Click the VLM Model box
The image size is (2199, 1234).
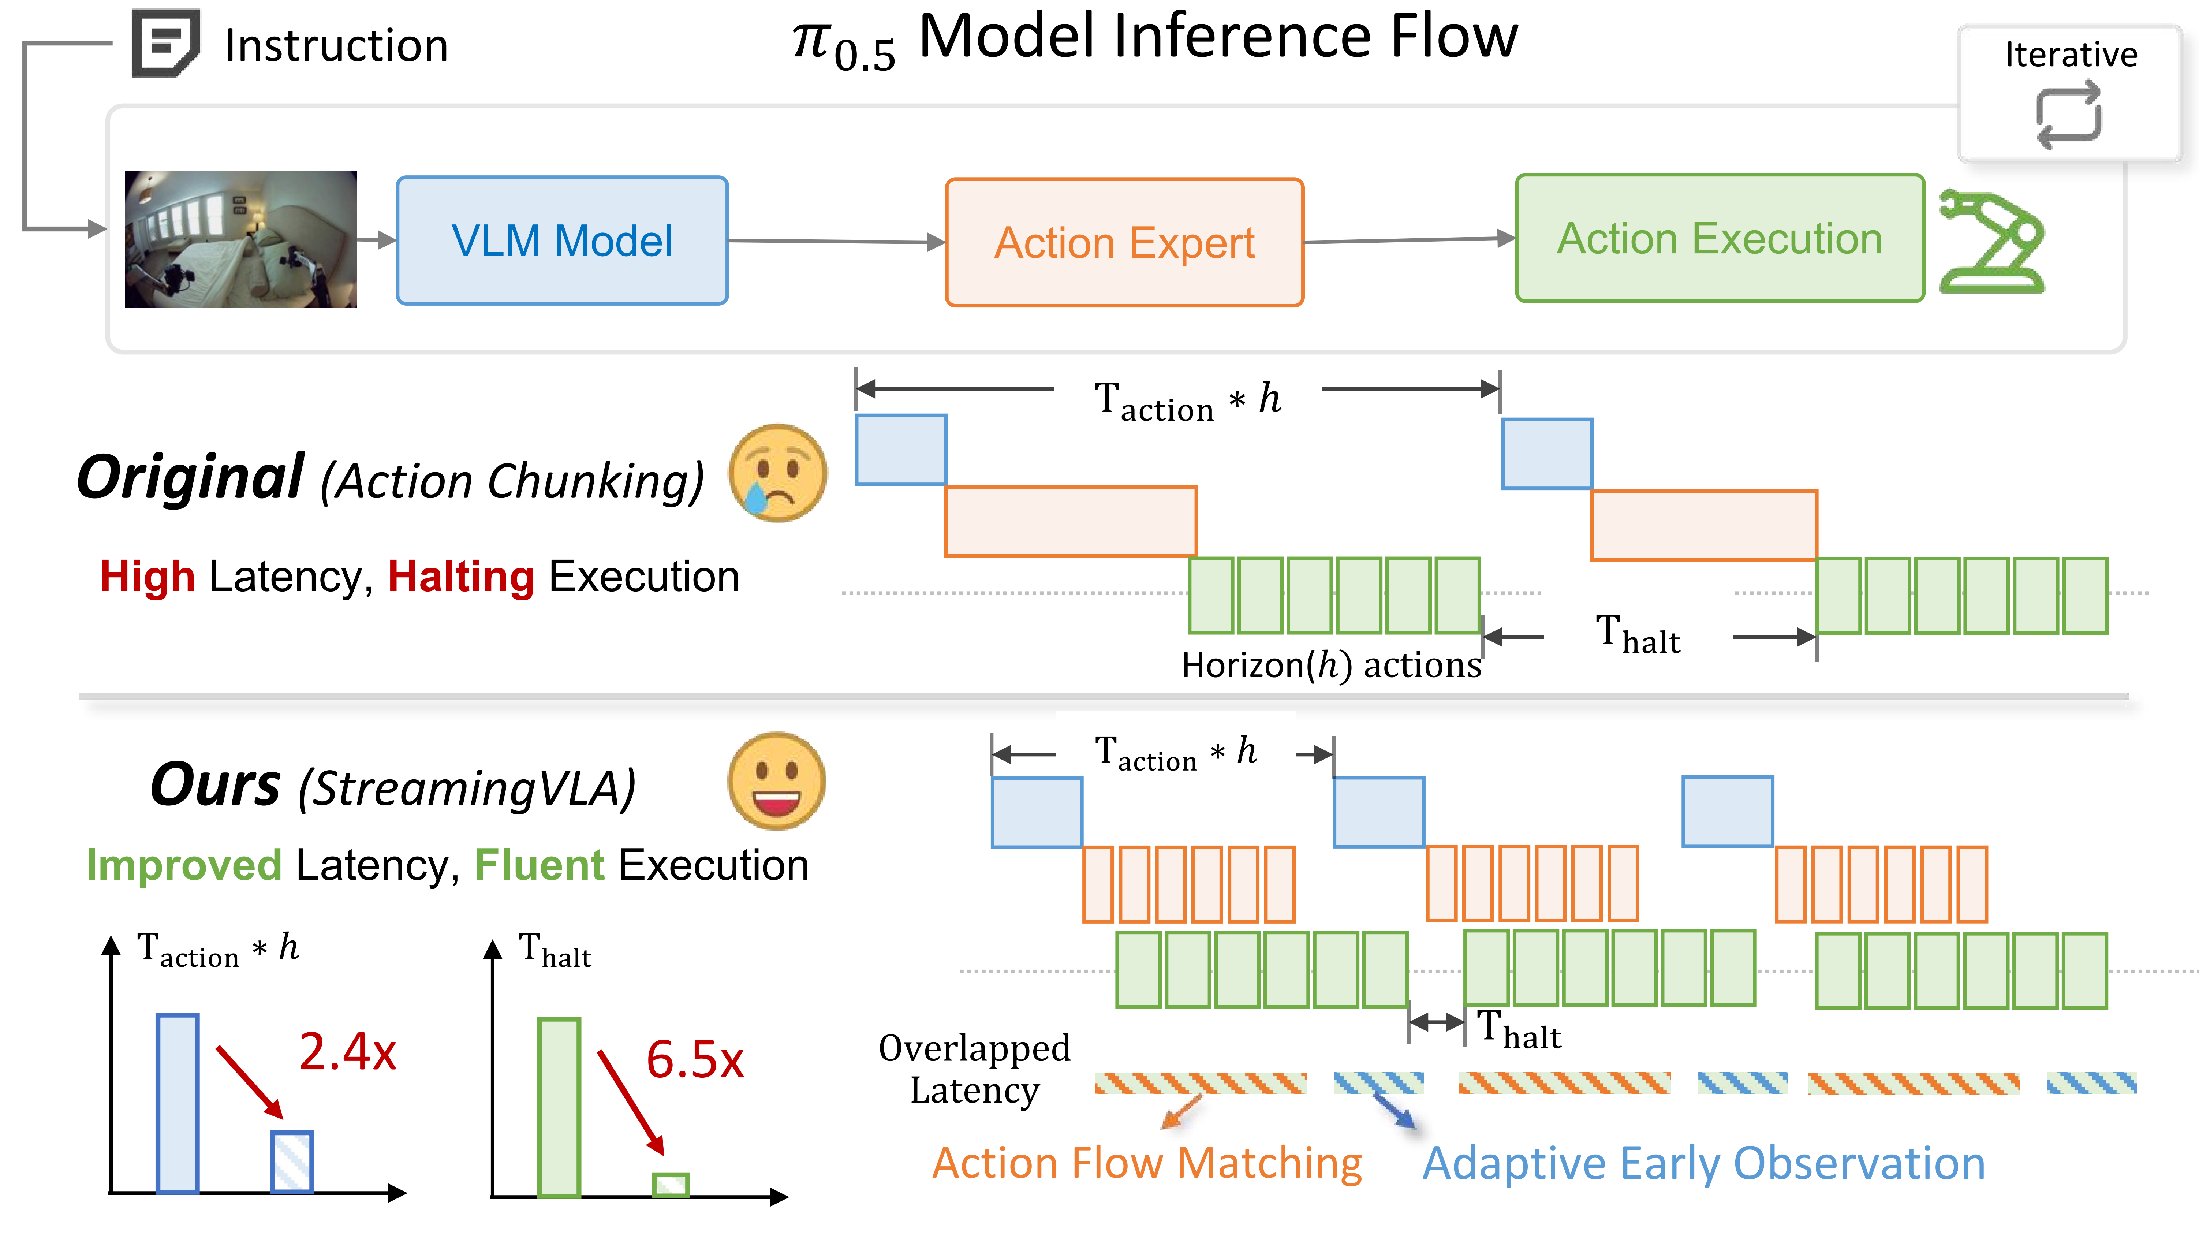point(562,241)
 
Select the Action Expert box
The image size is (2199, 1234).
point(1124,243)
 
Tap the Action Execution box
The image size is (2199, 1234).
point(1719,238)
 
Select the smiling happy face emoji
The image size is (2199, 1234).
point(776,780)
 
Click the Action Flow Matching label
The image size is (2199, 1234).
point(1146,1163)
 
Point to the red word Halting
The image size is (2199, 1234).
point(461,577)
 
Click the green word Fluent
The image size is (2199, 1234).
point(540,865)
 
